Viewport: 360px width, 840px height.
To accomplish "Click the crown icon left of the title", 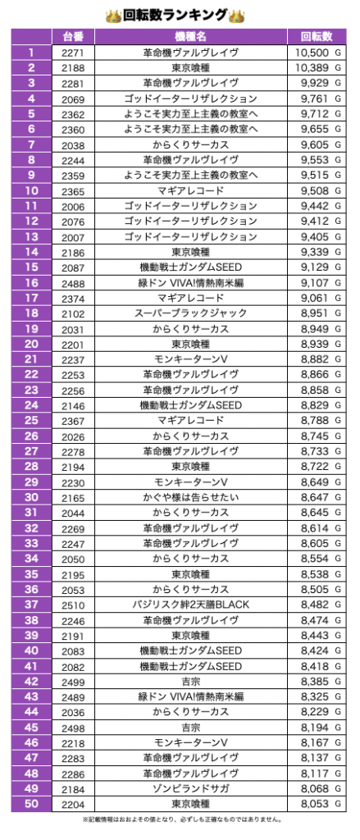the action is click(x=113, y=16).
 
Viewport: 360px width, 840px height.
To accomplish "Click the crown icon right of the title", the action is click(x=236, y=16).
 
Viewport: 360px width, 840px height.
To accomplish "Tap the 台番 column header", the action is click(x=73, y=36).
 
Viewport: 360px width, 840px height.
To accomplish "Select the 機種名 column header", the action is click(x=191, y=36).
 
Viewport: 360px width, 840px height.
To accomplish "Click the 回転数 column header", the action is click(x=316, y=36).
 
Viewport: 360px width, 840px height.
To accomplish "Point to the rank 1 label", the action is click(x=31, y=52).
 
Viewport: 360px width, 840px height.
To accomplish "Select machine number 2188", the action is click(x=73, y=68).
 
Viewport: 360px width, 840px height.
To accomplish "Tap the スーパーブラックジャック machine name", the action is click(x=191, y=313).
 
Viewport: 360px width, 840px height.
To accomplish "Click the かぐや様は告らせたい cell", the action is click(x=191, y=498).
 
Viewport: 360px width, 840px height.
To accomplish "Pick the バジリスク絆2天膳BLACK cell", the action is click(x=191, y=605).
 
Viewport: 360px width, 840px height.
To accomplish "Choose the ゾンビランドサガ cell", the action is click(x=191, y=788).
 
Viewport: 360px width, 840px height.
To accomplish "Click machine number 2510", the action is click(x=73, y=605).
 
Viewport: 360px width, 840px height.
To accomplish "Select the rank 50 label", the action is click(x=31, y=804).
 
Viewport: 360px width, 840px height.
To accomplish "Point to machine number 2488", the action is click(x=73, y=283).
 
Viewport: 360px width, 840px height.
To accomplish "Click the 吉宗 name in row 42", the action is click(x=191, y=682).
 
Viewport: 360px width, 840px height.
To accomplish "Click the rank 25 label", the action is click(x=31, y=420).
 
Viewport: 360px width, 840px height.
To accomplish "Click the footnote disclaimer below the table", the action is click(x=181, y=819).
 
